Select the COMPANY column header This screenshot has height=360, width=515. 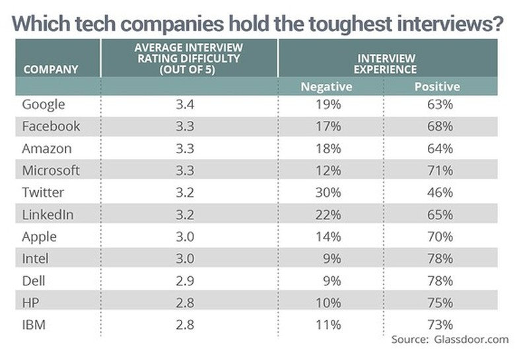[x=50, y=69]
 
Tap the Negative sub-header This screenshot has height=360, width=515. [x=326, y=87]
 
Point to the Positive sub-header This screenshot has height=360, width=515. [x=437, y=87]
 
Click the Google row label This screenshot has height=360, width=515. [x=44, y=104]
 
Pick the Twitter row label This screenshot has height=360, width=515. [x=44, y=192]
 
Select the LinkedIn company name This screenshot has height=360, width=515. [x=48, y=214]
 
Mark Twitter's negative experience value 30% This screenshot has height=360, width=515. [x=328, y=192]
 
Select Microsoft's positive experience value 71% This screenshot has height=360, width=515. [x=439, y=170]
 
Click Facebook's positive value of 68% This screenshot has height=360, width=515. [x=439, y=126]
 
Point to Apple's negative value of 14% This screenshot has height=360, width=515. [x=328, y=236]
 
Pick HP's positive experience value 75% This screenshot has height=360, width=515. [x=439, y=302]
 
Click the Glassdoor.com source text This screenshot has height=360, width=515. [x=472, y=339]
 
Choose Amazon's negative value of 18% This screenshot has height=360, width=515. [x=328, y=149]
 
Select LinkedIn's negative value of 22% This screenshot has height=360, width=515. [x=328, y=214]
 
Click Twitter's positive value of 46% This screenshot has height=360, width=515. [x=439, y=192]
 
